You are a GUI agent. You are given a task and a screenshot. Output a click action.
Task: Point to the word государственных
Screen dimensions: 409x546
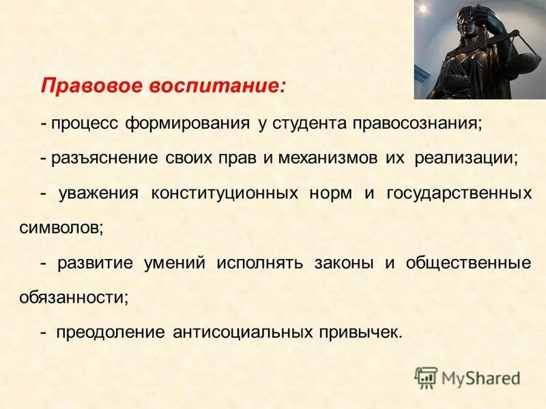(459, 193)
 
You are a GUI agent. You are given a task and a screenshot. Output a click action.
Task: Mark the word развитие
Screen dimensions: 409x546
(96, 263)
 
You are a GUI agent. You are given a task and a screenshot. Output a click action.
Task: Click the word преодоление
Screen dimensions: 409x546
(110, 333)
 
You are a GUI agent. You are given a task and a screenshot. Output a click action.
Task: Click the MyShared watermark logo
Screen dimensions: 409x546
(468, 378)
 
